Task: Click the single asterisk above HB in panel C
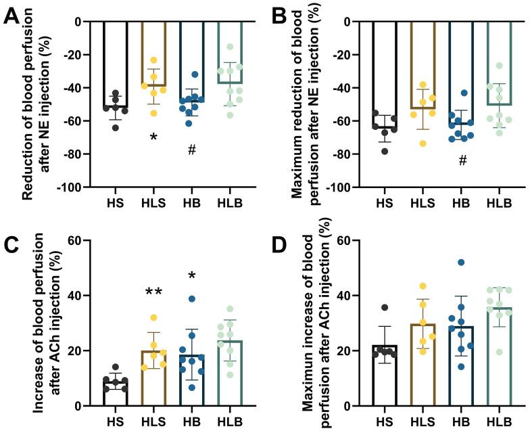click(192, 276)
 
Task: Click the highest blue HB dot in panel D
click(462, 263)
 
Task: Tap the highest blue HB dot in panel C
click(192, 298)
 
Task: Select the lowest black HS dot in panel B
click(385, 151)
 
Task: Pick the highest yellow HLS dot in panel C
click(153, 317)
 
